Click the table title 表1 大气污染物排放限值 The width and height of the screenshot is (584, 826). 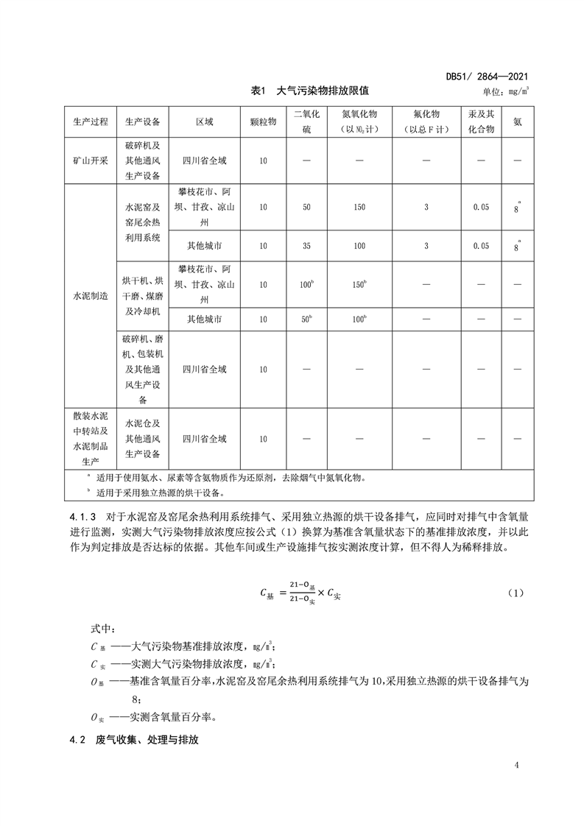pos(309,91)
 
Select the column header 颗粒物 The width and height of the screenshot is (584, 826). pos(263,121)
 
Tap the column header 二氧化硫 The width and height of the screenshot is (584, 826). pos(306,121)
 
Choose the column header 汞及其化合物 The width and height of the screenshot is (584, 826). pos(481,121)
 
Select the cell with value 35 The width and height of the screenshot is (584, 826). pos(306,245)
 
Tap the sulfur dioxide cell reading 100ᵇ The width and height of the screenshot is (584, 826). pos(306,284)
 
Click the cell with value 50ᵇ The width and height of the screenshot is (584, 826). pos(306,320)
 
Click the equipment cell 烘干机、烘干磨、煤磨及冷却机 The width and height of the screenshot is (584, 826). pos(143,295)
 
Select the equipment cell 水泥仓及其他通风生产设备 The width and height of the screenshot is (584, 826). pos(143,439)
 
